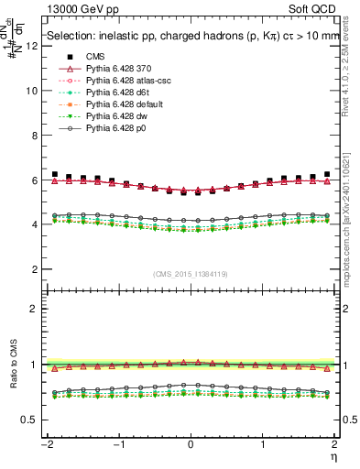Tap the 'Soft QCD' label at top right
(x=316, y=10)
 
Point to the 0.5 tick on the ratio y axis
(x=29, y=420)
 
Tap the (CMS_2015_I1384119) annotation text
(x=191, y=274)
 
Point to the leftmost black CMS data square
(x=55, y=174)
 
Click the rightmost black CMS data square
(x=326, y=174)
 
